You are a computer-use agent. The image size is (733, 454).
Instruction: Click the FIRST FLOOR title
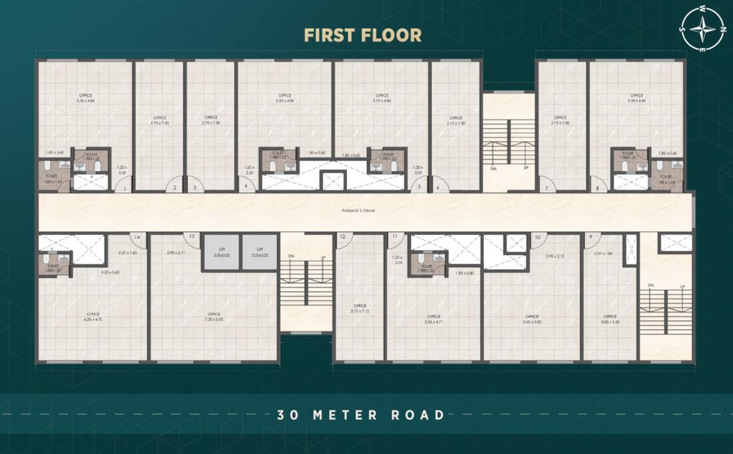click(x=363, y=35)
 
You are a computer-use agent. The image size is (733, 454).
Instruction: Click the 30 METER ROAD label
click(x=361, y=414)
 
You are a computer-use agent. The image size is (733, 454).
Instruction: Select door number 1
click(x=123, y=187)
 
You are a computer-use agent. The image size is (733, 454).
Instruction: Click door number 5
click(x=419, y=187)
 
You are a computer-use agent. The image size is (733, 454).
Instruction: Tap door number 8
click(x=598, y=188)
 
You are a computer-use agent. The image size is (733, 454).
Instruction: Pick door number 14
click(x=137, y=238)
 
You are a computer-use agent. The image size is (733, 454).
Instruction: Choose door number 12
click(x=343, y=238)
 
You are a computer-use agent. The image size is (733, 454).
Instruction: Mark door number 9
click(x=591, y=238)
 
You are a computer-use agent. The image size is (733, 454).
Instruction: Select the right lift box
click(x=259, y=252)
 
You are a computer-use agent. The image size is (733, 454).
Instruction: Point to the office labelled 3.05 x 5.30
click(x=610, y=319)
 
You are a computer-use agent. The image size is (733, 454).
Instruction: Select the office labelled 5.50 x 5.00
click(x=532, y=319)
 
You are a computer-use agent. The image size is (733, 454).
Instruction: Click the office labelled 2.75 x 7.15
click(x=359, y=308)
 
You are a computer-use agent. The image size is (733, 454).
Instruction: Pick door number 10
click(x=537, y=238)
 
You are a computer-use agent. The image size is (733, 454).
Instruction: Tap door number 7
click(x=547, y=188)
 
